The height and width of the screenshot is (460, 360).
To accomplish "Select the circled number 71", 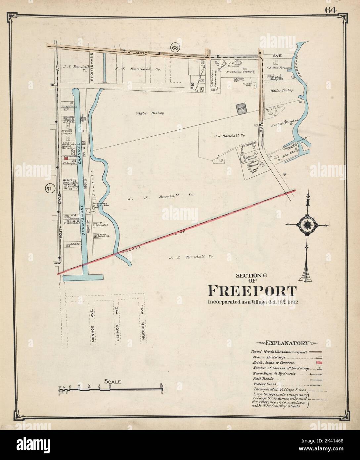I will pyautogui.click(x=49, y=189).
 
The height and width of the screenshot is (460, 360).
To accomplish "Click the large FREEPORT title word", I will pyautogui.click(x=252, y=291).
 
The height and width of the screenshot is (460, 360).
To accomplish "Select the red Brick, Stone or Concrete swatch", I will pyautogui.click(x=319, y=363).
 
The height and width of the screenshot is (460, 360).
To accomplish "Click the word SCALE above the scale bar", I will pyautogui.click(x=113, y=382).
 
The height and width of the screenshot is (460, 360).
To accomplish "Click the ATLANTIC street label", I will pyautogui.click(x=137, y=53).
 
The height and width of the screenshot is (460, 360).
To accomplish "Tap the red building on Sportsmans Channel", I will pyautogui.click(x=70, y=159).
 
